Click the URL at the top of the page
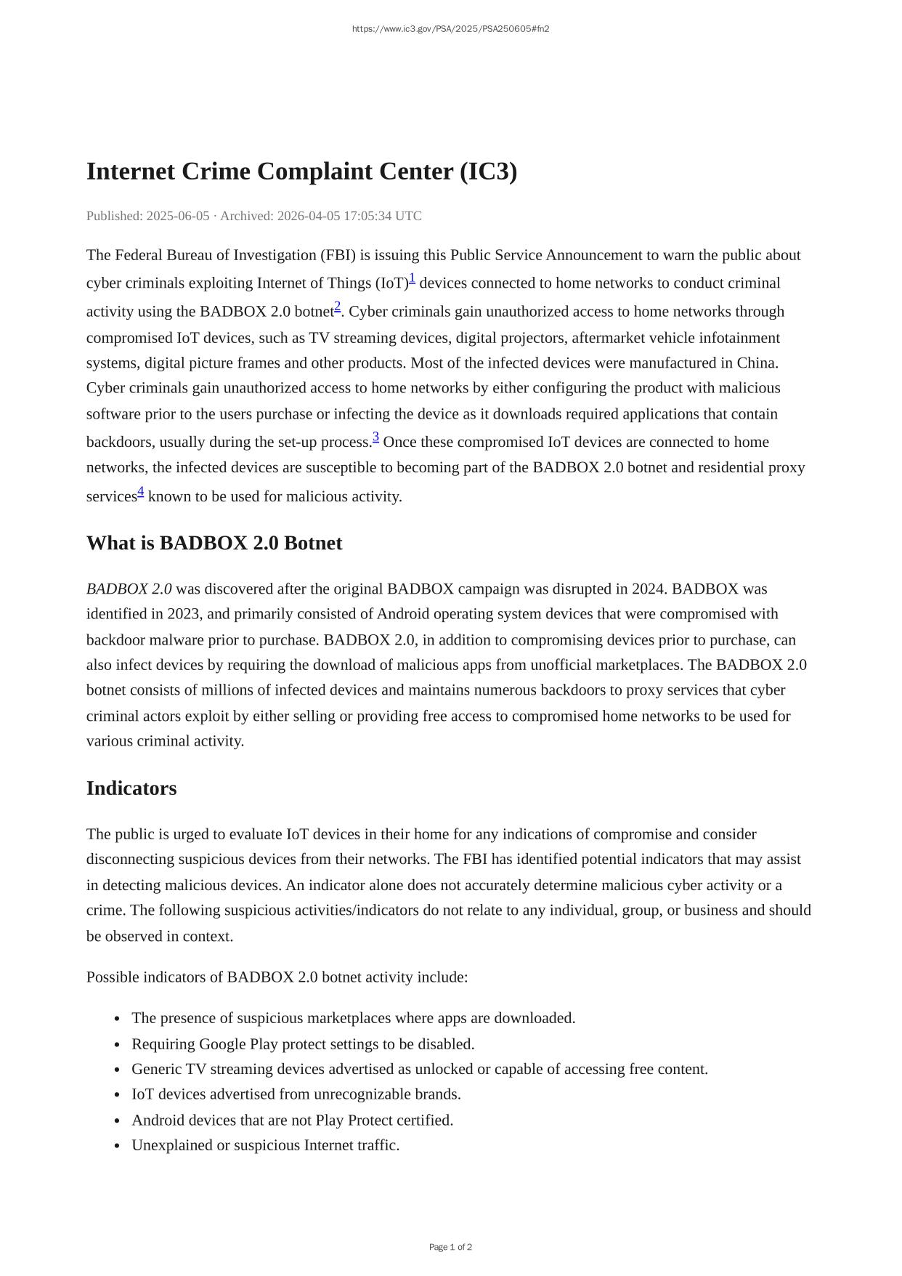450,29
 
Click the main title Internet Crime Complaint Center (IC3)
301,171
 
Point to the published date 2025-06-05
178,216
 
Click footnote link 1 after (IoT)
412,278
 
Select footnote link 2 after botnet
338,307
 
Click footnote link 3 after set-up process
376,437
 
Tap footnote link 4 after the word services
141,492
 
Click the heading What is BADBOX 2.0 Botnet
214,544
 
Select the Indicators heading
131,788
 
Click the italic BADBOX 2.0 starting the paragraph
129,589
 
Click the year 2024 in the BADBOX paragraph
648,589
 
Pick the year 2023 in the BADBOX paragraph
183,614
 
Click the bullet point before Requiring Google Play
117,1045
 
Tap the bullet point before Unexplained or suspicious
117,1146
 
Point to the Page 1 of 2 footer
450,1247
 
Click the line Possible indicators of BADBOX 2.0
277,977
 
